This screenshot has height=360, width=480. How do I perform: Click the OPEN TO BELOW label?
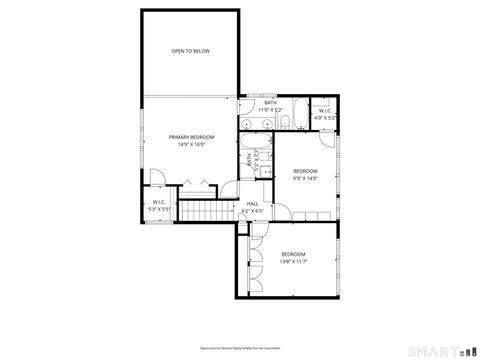tap(189, 50)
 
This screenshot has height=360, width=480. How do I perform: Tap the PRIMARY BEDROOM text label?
tap(192, 137)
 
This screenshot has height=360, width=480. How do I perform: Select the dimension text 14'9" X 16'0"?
tap(192, 144)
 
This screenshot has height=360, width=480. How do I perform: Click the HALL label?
tap(252, 204)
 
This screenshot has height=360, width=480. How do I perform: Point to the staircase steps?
tap(204, 211)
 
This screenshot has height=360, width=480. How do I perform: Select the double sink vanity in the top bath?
tap(256, 123)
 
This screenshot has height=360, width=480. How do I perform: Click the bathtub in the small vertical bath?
tap(263, 158)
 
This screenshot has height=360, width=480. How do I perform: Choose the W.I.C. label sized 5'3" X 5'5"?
tap(158, 204)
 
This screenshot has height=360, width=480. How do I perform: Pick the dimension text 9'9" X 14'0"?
tap(305, 178)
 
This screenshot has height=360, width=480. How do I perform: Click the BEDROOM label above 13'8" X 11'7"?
tap(292, 254)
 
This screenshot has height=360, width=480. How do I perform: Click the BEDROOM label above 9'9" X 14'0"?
tap(305, 171)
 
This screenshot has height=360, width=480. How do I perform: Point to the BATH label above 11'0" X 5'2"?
tap(270, 102)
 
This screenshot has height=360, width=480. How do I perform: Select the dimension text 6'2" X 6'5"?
tap(252, 211)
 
